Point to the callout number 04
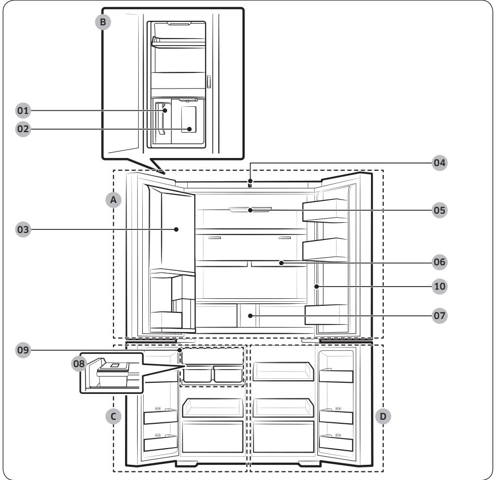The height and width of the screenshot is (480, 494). (x=439, y=163)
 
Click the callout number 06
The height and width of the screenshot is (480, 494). (x=439, y=262)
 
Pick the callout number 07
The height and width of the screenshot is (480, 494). (x=439, y=315)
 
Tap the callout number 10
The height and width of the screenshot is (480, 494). (x=439, y=286)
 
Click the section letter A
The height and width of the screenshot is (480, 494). (x=114, y=201)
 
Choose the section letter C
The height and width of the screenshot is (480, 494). (x=114, y=416)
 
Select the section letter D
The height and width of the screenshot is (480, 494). (x=383, y=416)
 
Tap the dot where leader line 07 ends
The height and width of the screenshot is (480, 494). (x=250, y=315)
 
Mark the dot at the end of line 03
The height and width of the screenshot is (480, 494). (x=177, y=229)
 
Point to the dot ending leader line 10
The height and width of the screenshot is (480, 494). (x=315, y=286)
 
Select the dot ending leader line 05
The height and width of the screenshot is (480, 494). (x=250, y=210)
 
